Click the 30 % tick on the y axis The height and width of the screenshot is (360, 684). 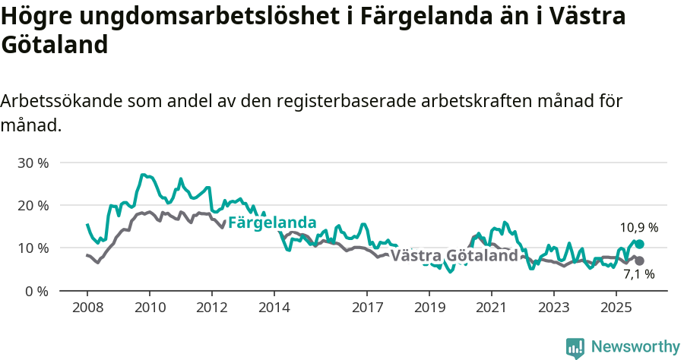tap(33, 163)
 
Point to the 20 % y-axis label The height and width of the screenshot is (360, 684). tap(33, 205)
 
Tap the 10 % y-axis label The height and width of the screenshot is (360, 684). tap(33, 248)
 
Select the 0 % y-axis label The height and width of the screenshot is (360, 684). tap(37, 291)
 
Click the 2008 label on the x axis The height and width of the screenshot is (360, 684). tap(87, 308)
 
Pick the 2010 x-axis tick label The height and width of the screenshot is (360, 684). tap(149, 308)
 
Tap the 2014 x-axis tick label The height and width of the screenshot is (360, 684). tap(274, 308)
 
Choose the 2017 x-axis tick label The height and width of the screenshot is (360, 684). tap(367, 308)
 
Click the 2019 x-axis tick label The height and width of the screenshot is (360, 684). tap(429, 308)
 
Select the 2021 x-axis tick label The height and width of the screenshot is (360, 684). tap(491, 308)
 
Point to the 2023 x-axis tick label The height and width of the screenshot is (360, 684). tap(553, 308)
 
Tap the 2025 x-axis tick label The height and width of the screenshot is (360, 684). tap(616, 308)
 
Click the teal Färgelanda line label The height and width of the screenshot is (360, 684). tap(272, 223)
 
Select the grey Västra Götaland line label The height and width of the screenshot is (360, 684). tap(454, 255)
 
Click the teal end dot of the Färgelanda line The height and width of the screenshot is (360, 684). tap(639, 244)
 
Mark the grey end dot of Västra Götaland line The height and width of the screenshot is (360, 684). tap(639, 261)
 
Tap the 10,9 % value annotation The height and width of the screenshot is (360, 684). tap(638, 227)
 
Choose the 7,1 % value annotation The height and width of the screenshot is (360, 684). tap(639, 275)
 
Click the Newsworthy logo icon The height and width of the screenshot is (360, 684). tap(575, 347)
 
